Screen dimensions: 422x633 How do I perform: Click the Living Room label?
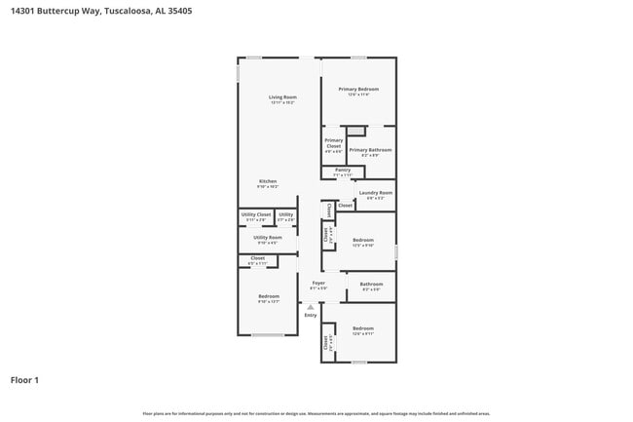(x=282, y=97)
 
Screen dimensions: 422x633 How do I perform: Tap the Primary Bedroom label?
(x=358, y=90)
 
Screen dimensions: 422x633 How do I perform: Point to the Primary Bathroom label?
(x=377, y=150)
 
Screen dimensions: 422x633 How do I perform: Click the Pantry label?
(x=343, y=171)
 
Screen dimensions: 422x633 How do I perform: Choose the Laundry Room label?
(x=375, y=193)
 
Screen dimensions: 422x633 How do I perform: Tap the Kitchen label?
(x=268, y=182)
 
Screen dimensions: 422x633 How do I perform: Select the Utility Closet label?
(x=256, y=214)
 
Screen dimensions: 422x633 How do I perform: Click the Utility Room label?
(x=268, y=238)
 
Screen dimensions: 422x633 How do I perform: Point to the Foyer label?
(x=318, y=284)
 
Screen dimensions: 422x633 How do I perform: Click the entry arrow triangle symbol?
(x=311, y=306)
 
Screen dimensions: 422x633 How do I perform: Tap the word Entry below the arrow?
(x=311, y=315)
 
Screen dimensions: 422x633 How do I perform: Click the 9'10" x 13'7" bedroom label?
(x=269, y=297)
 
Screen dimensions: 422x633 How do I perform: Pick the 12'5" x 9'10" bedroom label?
(x=363, y=241)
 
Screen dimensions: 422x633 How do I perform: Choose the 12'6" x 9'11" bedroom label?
(x=363, y=329)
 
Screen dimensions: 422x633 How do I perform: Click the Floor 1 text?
(x=24, y=380)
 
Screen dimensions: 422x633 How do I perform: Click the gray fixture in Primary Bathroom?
(x=357, y=131)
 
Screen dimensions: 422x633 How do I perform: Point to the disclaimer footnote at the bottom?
(x=316, y=413)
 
